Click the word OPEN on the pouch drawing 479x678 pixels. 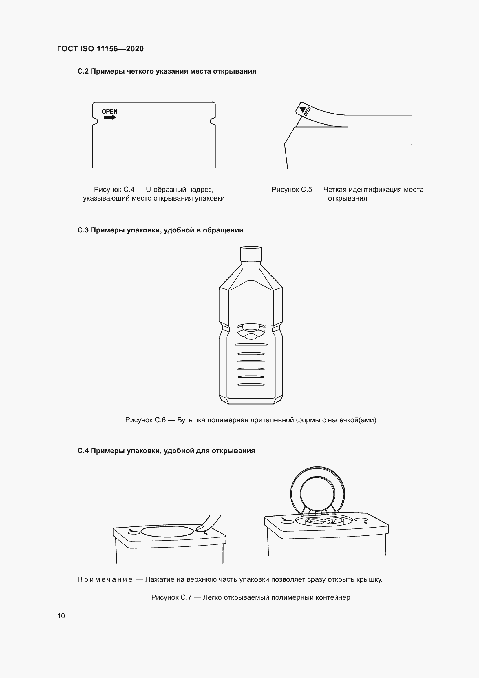tap(109, 111)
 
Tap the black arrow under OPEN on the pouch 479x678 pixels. tap(110, 117)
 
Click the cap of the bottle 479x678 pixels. tap(251, 254)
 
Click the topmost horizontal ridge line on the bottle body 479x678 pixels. tap(251, 344)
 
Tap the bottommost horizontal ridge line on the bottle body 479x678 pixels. tap(251, 384)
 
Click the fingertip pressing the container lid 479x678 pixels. tap(201, 528)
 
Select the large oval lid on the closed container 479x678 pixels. tap(167, 531)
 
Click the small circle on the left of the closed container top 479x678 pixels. tap(134, 533)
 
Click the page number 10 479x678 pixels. tap(61, 616)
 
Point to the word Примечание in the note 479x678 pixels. tap(105, 579)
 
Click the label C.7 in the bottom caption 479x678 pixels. tap(186, 597)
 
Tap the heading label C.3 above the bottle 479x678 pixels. tap(83, 230)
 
